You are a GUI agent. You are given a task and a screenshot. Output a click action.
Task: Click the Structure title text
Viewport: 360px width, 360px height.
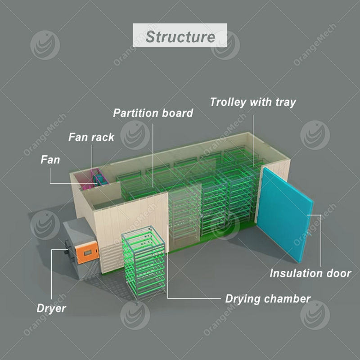tap(180, 36)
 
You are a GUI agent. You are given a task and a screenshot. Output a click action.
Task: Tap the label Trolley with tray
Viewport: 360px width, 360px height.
tap(253, 102)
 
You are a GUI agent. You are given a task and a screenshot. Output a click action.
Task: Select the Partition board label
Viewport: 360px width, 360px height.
tap(153, 113)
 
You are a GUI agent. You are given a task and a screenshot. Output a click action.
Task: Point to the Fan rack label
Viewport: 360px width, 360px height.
tap(91, 137)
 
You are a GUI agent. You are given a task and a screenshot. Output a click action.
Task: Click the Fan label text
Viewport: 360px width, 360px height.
tap(50, 159)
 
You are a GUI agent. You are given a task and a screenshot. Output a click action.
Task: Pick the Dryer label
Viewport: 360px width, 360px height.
tap(51, 308)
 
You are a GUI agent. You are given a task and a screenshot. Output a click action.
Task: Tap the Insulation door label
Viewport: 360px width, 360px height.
tap(310, 273)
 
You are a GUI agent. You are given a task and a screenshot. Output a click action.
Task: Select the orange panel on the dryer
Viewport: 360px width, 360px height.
tap(87, 249)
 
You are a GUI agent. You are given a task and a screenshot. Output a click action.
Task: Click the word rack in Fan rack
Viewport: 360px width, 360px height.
tap(103, 137)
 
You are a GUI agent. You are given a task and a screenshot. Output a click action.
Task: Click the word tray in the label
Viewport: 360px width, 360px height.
tap(285, 103)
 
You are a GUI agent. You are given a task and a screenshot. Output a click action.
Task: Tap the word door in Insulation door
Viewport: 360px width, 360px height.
tap(338, 273)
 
